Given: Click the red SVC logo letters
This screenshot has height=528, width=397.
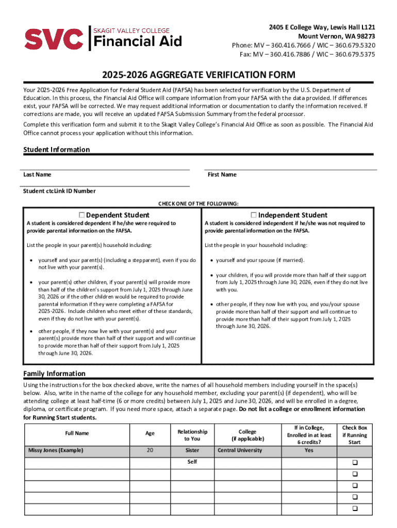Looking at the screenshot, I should tap(54, 38).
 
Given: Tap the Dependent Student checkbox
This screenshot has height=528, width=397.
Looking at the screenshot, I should tap(82, 215).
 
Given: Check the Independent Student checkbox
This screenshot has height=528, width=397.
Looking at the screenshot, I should tap(254, 215).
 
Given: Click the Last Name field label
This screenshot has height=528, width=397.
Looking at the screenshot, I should tap(37, 175).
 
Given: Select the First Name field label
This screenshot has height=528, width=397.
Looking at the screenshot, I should tap(222, 175).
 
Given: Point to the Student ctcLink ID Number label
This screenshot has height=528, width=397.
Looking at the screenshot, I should tap(59, 191).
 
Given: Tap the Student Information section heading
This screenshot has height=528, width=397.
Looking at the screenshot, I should tap(57, 150).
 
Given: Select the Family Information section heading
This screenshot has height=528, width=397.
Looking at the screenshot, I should tap(55, 374).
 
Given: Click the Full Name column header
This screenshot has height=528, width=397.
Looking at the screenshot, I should tap(77, 434).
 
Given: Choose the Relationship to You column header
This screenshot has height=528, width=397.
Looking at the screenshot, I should tap(192, 435).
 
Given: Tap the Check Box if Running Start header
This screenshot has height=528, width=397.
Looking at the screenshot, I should tap(355, 435).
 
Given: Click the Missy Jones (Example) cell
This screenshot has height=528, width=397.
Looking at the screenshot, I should tap(55, 451).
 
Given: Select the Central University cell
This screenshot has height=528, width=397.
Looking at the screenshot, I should tap(240, 451).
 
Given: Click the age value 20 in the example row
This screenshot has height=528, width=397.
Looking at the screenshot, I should tap(150, 451).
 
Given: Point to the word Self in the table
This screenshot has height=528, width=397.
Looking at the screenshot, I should tap(192, 462).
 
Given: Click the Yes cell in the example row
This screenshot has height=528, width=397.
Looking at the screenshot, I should tap(309, 451).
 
